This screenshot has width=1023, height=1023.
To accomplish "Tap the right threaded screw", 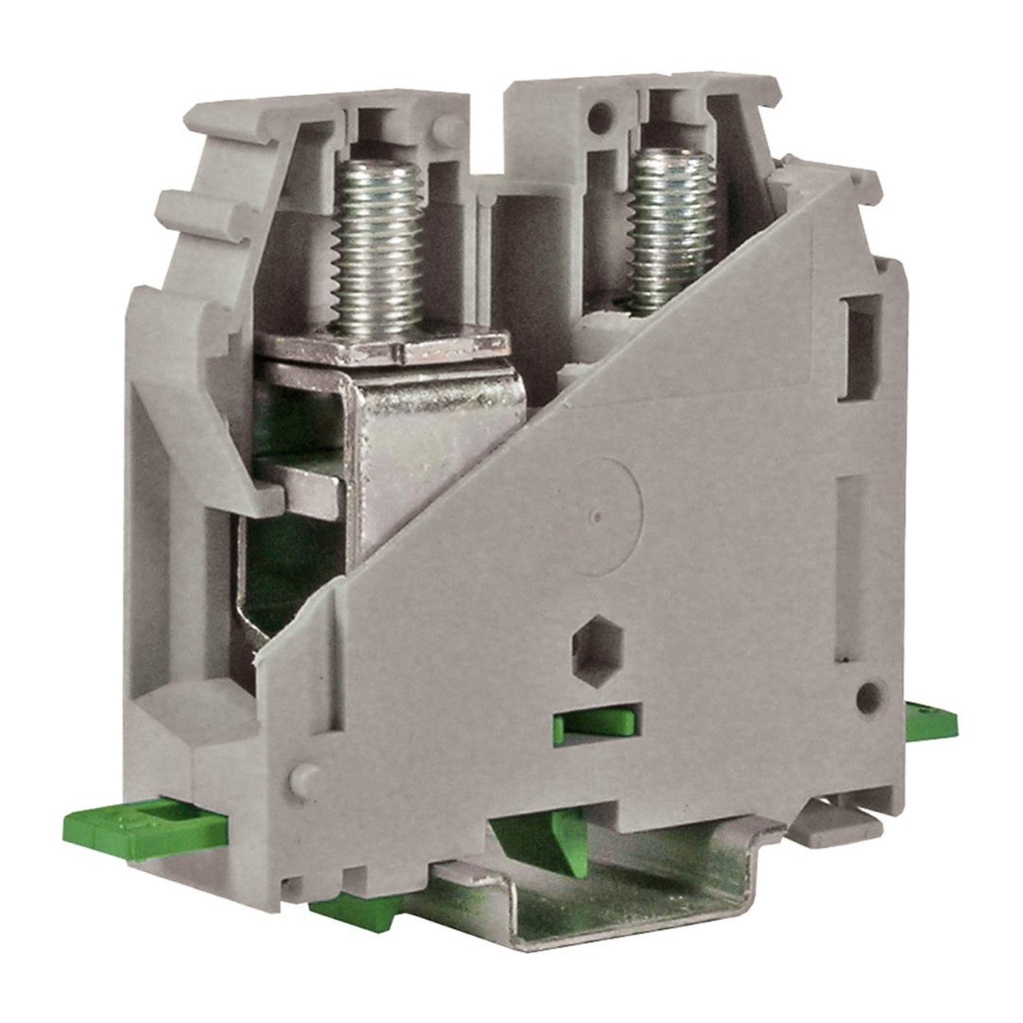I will coord(671,228).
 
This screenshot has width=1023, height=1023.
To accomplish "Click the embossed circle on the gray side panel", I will coord(596,516).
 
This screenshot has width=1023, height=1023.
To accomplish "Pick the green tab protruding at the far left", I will coord(140,828).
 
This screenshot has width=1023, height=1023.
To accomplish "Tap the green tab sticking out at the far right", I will coord(930,720).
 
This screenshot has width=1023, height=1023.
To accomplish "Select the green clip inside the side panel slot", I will coord(597,723).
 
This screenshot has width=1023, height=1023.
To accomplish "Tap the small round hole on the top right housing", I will coord(599,118).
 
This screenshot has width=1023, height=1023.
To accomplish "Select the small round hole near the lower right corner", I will coord(869,696).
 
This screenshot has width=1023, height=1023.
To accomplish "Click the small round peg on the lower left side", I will coord(304,780).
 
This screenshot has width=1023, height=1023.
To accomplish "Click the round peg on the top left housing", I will coord(451,131).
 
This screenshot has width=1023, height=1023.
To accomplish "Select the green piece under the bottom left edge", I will coord(355,910).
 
